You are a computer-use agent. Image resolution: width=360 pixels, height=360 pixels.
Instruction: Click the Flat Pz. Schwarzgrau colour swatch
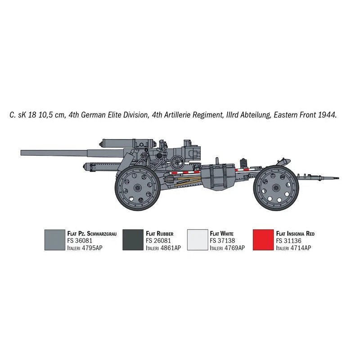(x=55, y=240)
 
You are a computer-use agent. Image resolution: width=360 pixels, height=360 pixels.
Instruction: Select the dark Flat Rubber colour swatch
(x=133, y=240)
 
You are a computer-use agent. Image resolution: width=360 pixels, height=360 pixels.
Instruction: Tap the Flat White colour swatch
(x=198, y=240)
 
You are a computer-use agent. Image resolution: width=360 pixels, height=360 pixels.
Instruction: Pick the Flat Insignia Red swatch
(x=263, y=240)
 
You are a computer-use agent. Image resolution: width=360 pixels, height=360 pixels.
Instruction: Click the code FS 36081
(x=80, y=241)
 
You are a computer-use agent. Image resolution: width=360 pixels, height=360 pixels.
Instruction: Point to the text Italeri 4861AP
(x=163, y=248)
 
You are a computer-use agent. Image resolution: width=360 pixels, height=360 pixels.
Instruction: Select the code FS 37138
(x=222, y=241)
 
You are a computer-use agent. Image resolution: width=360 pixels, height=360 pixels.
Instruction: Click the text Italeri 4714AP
(x=294, y=248)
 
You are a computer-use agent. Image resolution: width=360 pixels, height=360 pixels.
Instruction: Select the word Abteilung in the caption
(x=255, y=115)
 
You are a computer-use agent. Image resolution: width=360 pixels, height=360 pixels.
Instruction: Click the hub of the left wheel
(x=137, y=188)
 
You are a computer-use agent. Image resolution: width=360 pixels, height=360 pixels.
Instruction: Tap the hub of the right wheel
(x=276, y=188)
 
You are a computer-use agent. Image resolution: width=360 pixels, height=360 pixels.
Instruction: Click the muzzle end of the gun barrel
(x=21, y=153)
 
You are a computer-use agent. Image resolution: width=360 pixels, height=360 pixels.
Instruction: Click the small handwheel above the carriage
(x=177, y=162)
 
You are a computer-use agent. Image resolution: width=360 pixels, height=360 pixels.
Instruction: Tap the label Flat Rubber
(x=160, y=234)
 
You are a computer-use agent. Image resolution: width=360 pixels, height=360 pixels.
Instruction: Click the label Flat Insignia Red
(x=295, y=234)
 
